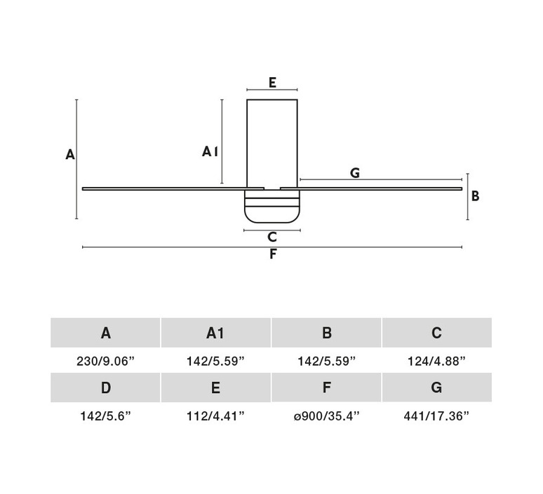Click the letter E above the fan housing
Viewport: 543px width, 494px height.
pyautogui.click(x=272, y=83)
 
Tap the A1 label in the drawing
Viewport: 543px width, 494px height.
pyautogui.click(x=210, y=151)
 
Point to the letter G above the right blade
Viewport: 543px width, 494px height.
pyautogui.click(x=355, y=172)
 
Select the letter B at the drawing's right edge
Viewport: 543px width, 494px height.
pyautogui.click(x=476, y=196)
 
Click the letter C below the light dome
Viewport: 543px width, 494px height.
pyautogui.click(x=272, y=237)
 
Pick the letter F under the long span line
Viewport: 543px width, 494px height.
pyautogui.click(x=273, y=254)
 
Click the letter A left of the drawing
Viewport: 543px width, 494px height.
pyautogui.click(x=70, y=155)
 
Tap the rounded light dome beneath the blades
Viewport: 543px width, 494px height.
pyautogui.click(x=271, y=206)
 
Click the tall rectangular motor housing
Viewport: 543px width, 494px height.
pyautogui.click(x=271, y=144)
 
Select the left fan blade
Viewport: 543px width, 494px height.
pyautogui.click(x=173, y=188)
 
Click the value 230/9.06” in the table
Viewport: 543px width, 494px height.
pyautogui.click(x=105, y=361)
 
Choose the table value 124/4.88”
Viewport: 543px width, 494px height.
pyautogui.click(x=436, y=361)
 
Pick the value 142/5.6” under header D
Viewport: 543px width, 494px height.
pyautogui.click(x=106, y=416)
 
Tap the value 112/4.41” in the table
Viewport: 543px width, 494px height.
pyautogui.click(x=215, y=416)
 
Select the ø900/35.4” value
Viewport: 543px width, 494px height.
pyautogui.click(x=326, y=416)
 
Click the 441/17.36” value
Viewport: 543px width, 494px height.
pyautogui.click(x=436, y=416)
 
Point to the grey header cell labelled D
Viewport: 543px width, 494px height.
pyautogui.click(x=105, y=387)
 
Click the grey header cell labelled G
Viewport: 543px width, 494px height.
pyautogui.click(x=436, y=387)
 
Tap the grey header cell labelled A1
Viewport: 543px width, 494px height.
pyautogui.click(x=216, y=333)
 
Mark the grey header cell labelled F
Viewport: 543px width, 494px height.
pyautogui.click(x=326, y=387)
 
